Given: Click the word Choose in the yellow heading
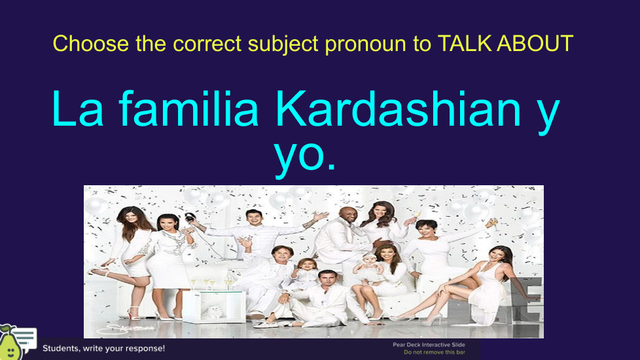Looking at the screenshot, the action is click(90, 44).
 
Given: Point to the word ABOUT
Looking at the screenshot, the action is click(535, 44).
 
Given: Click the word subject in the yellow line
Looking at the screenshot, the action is click(283, 45).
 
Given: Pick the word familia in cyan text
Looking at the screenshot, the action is click(188, 109).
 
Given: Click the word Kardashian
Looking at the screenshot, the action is click(399, 109).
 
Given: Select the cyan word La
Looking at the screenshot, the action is click(78, 109).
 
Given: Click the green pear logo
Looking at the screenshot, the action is click(10, 343).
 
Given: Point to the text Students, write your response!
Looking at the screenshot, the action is click(103, 349).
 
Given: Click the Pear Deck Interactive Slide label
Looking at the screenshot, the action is click(429, 345).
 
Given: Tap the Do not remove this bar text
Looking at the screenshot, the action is click(435, 352).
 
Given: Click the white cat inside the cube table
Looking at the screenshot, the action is click(212, 312).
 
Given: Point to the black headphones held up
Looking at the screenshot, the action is click(189, 217).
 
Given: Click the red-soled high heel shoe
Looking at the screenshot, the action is click(133, 313).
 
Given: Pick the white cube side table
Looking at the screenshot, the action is click(214, 306).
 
